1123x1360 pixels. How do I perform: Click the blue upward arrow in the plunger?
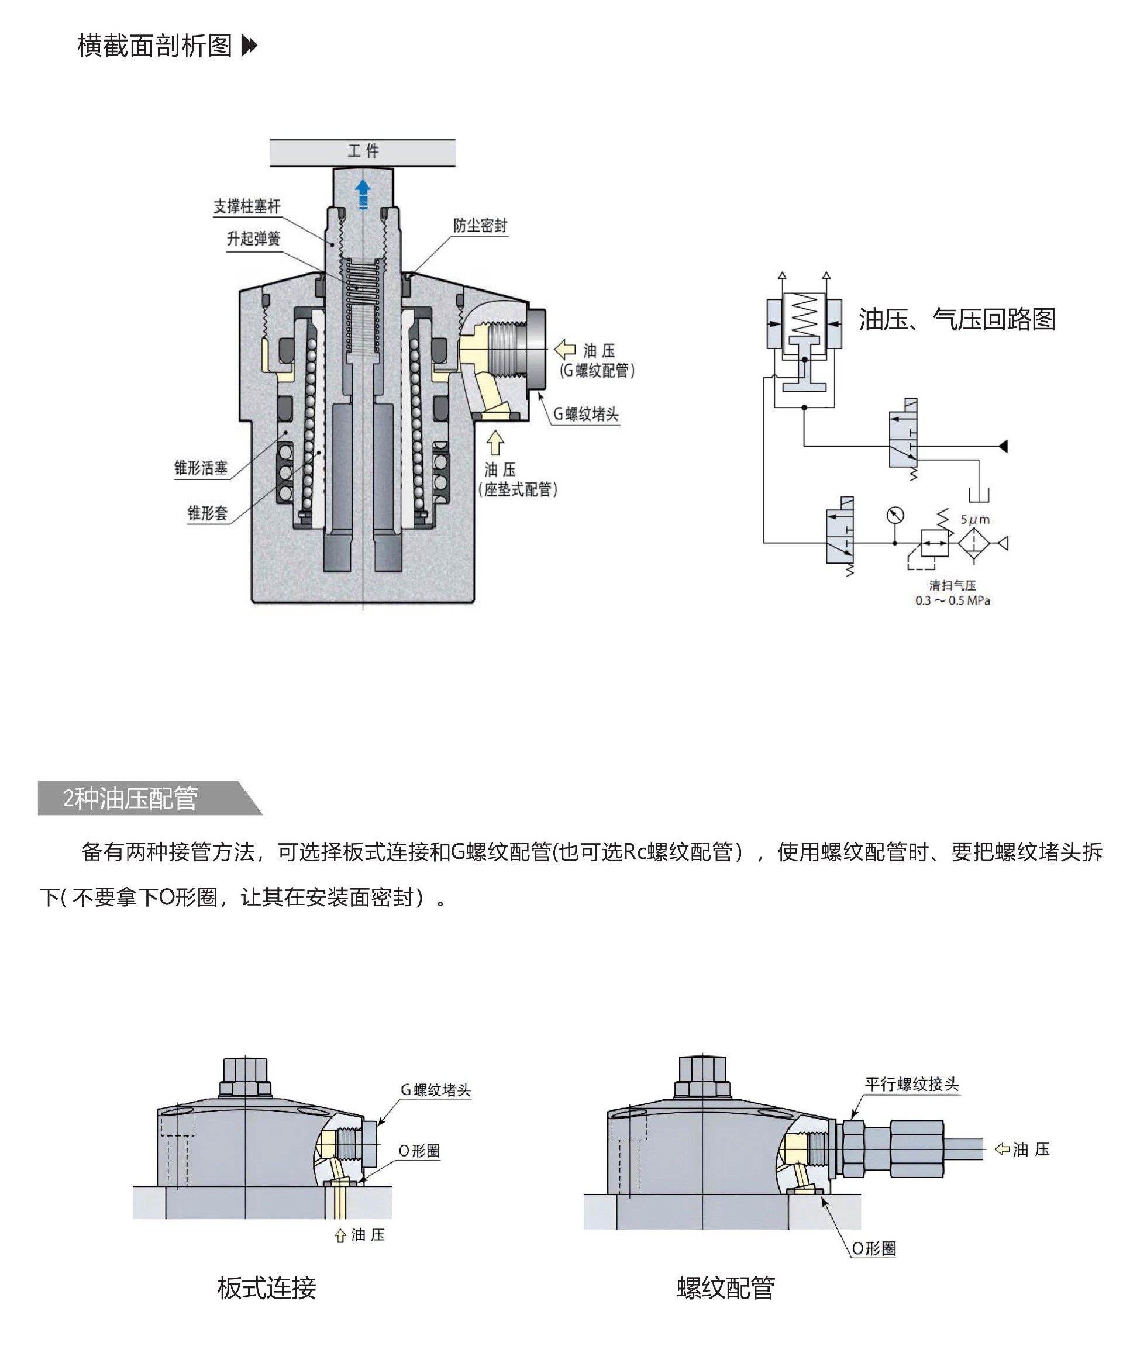coord(363,194)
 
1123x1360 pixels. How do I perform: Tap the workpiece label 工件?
coord(363,151)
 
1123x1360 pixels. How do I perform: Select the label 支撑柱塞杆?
coord(247,206)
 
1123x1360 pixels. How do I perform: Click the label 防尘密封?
coord(480,225)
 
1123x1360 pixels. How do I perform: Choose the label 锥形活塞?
coord(201,468)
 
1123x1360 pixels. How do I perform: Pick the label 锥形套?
coord(208,513)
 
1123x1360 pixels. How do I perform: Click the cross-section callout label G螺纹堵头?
coord(585,414)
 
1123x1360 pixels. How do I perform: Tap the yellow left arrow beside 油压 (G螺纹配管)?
coord(565,349)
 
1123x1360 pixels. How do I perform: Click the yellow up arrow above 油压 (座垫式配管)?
coord(495,443)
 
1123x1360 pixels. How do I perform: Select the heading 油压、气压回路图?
coord(957,319)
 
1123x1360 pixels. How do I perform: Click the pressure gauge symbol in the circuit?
coord(895,516)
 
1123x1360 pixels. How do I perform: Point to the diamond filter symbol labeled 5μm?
coord(974,543)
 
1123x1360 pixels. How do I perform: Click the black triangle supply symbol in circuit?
coord(1003,446)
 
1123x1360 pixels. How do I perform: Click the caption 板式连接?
coord(267,1287)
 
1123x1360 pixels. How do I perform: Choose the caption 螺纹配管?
coord(726,1287)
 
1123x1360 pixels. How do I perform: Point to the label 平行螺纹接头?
coord(911,1084)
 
